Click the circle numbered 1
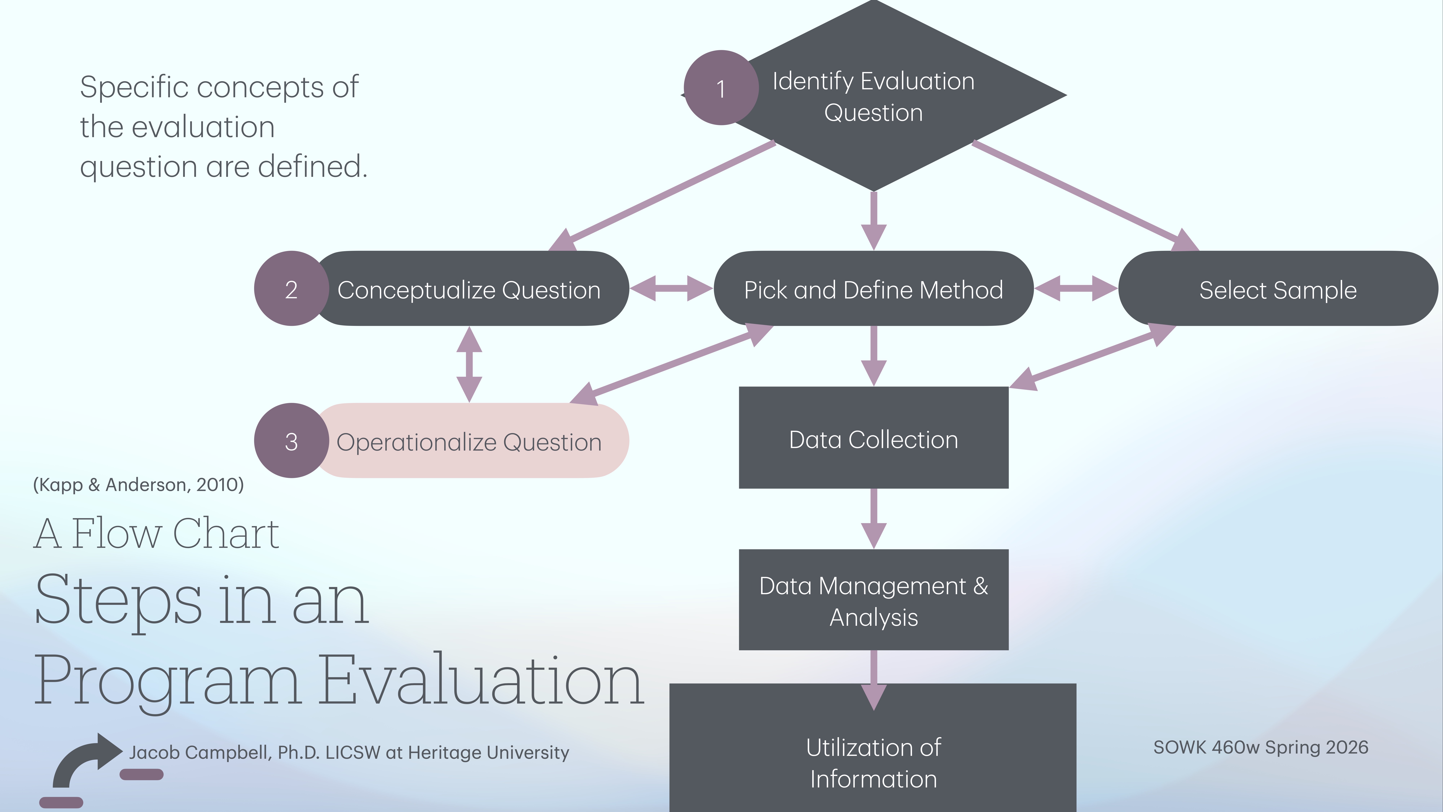click(x=721, y=88)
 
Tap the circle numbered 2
click(x=291, y=289)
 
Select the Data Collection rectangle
click(x=873, y=438)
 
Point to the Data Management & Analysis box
click(x=873, y=600)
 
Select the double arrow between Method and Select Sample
click(x=1075, y=288)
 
